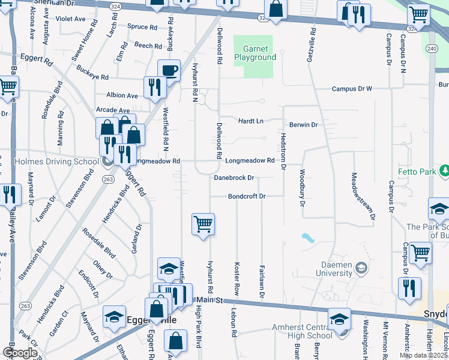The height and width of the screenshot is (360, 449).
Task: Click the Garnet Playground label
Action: [x=259, y=53]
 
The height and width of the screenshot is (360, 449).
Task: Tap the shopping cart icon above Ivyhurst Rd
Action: [x=203, y=225]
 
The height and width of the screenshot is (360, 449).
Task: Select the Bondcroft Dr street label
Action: [x=246, y=197]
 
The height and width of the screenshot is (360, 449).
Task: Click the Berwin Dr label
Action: [x=303, y=125]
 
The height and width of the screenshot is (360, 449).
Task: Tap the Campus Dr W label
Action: [x=353, y=89]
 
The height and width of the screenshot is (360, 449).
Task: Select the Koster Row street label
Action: [x=237, y=275]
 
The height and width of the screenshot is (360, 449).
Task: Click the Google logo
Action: [x=19, y=353]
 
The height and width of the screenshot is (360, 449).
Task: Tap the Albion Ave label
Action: [x=122, y=95]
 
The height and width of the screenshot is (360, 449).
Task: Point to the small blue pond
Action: [x=308, y=238]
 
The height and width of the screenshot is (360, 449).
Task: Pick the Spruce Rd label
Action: [x=142, y=27]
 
